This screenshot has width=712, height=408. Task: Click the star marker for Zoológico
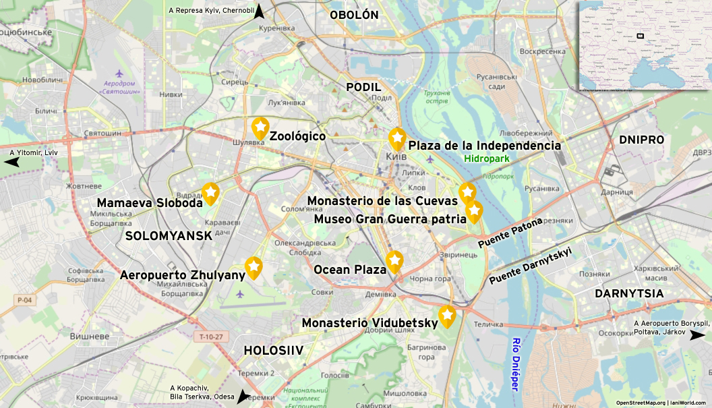[x=260, y=127]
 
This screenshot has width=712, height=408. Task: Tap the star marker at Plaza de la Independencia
[x=397, y=138]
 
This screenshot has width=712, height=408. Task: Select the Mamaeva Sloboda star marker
[x=210, y=194]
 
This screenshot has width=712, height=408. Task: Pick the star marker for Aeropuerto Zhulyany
[x=254, y=268]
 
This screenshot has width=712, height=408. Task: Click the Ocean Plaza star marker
[x=394, y=261]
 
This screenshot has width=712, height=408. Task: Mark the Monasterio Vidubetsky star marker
[x=447, y=315]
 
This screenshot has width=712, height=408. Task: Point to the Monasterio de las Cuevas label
[x=382, y=200]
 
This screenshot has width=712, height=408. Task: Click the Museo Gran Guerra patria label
[x=390, y=218]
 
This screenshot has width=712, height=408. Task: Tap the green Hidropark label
[x=486, y=158]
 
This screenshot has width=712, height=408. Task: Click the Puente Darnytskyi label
[x=531, y=265]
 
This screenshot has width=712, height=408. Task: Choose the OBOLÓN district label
[x=354, y=15]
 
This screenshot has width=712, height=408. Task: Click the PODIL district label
[x=363, y=87]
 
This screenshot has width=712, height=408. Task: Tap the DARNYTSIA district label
[x=629, y=293]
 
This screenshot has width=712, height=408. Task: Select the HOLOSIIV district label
[x=274, y=350]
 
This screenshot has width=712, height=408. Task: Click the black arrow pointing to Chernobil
[x=259, y=11]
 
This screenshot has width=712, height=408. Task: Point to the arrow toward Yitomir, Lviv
[x=13, y=162]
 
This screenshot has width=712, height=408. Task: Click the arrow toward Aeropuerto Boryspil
[x=696, y=334]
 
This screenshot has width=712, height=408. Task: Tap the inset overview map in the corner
[x=644, y=45]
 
